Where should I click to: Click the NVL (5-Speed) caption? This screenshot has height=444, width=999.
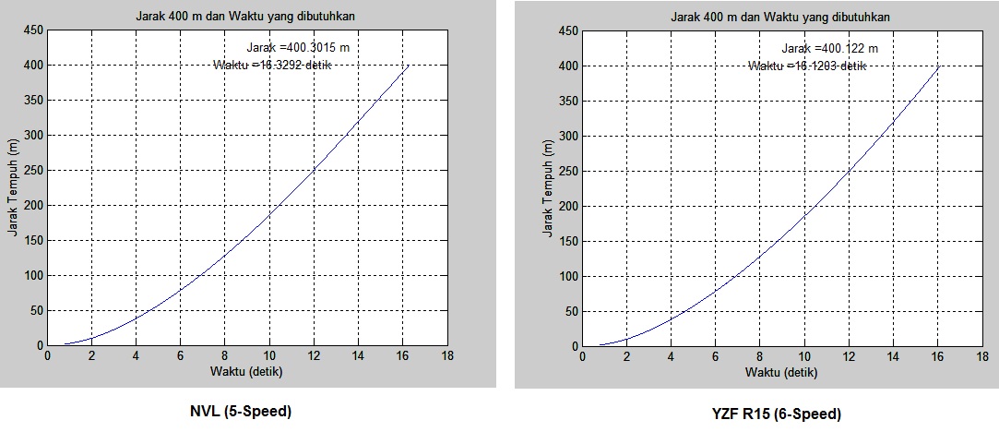(240, 412)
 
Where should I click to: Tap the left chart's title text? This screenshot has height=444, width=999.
(246, 17)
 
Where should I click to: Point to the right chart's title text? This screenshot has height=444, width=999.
(781, 18)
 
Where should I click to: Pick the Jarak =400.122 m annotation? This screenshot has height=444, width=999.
(830, 49)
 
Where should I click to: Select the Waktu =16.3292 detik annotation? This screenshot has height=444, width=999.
(272, 65)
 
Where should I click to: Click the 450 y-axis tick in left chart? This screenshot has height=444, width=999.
(31, 30)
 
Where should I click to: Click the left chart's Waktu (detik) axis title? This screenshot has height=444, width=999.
(246, 373)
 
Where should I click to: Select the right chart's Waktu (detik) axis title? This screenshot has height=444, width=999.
(781, 374)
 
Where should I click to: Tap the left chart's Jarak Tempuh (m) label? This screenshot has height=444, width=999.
(13, 188)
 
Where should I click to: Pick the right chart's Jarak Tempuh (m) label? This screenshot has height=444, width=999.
(547, 189)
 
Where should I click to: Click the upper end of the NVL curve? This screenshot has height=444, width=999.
(409, 65)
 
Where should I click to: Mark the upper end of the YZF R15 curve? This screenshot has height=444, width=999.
(939, 66)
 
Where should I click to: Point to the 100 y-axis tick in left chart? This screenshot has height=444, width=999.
(31, 275)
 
